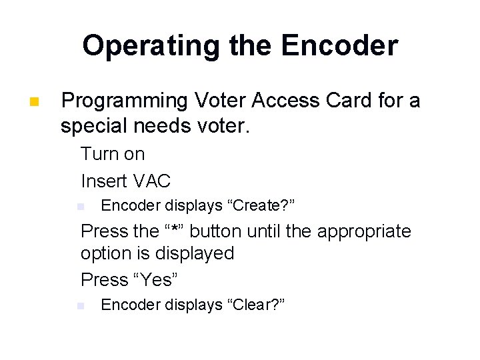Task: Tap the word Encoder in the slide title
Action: [x=339, y=45]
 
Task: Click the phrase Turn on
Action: [x=113, y=154]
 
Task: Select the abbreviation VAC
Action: [x=153, y=181]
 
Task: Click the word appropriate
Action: [x=364, y=231]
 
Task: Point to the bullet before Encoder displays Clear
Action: [x=80, y=305]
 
